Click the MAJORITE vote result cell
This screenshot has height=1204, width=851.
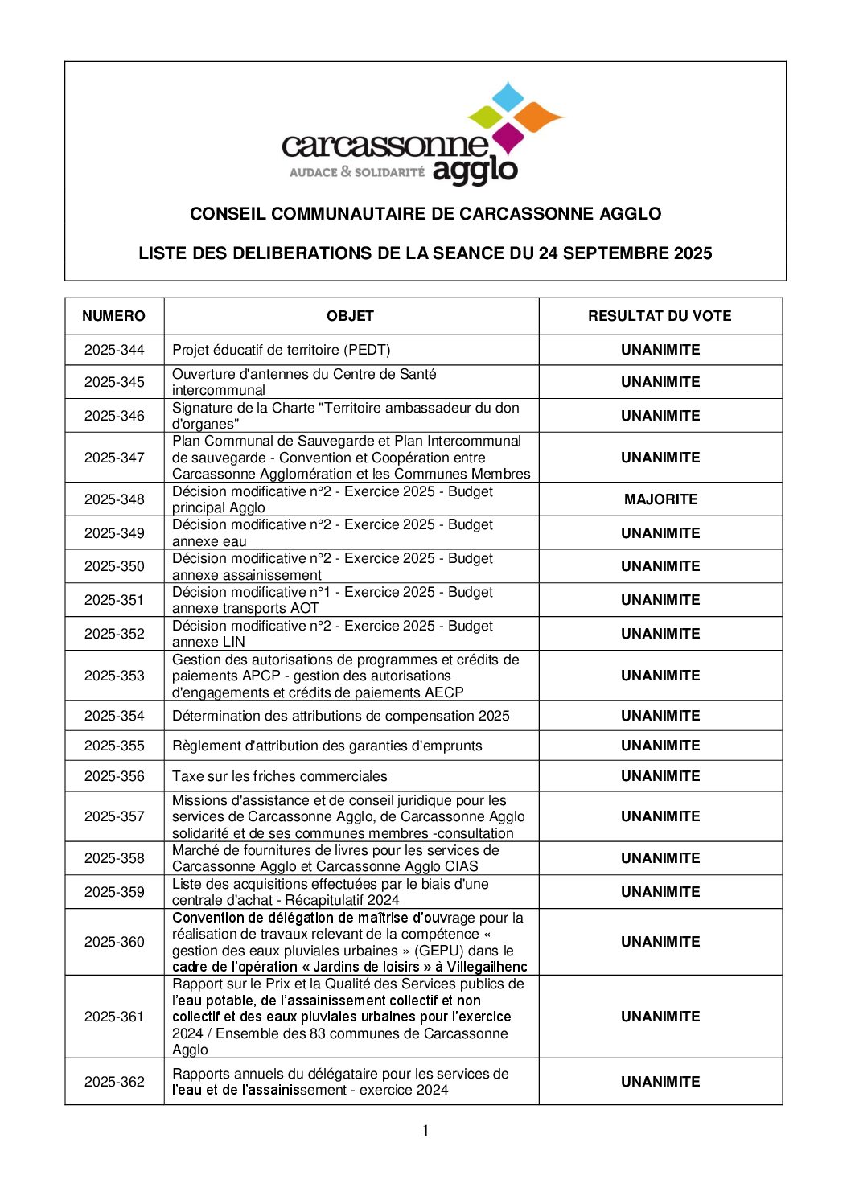[660, 499]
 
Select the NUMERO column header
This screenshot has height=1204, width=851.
[113, 316]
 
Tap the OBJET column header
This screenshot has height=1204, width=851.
[350, 316]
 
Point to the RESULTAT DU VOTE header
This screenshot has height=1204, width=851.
[660, 316]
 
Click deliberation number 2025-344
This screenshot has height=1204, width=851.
[114, 350]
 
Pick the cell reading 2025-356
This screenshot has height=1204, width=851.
[114, 776]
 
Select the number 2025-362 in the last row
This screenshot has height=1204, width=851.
[114, 1082]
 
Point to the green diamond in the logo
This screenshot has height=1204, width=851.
[484, 117]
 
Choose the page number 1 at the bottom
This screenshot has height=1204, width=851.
[425, 1132]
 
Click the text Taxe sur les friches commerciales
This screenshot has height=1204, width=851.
[279, 776]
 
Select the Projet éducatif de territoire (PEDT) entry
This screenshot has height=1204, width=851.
[281, 350]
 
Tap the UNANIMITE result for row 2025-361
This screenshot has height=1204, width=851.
[660, 1017]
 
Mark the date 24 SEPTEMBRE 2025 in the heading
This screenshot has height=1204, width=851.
[625, 253]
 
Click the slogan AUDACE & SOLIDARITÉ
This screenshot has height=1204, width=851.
[356, 172]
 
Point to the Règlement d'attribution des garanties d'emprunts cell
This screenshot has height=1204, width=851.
[327, 746]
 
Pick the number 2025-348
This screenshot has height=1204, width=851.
[114, 499]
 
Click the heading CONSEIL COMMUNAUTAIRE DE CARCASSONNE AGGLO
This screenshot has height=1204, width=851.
[425, 214]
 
